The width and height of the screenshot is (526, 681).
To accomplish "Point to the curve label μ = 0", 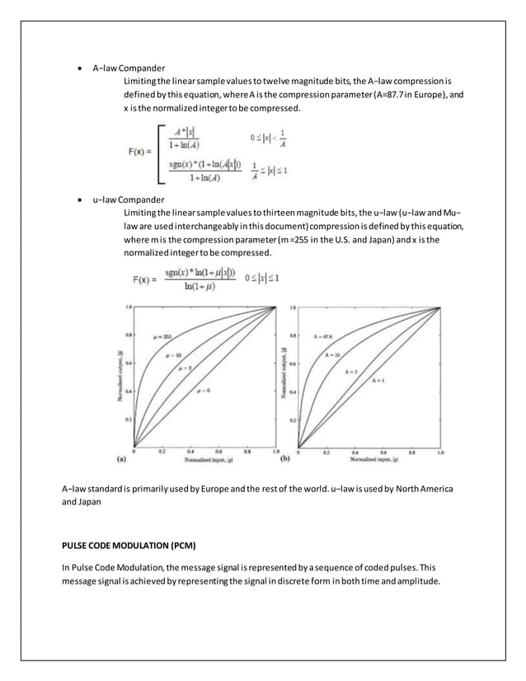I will coord(202,390).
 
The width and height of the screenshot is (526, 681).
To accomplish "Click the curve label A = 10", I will coord(332,354).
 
